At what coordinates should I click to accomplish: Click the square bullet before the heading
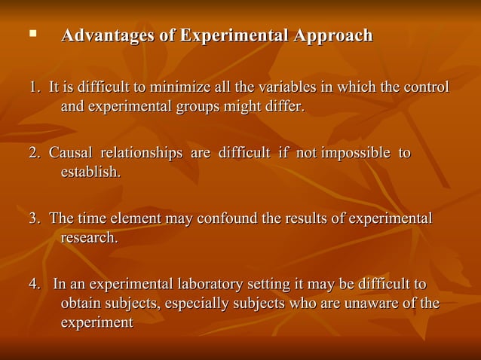32,35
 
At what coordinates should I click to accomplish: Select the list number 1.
34,87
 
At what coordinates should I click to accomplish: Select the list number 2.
34,153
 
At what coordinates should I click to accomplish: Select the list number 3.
34,218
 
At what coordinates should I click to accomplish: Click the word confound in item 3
226,218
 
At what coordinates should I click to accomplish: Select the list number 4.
34,284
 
